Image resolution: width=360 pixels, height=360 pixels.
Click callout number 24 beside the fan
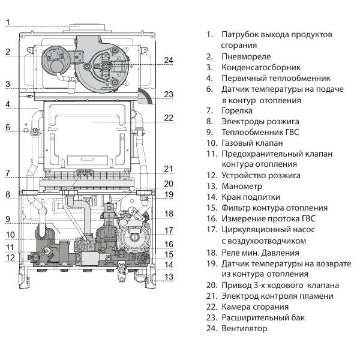pyautogui.click(x=169, y=60)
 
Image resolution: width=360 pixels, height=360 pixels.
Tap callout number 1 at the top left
pyautogui.click(x=8, y=23)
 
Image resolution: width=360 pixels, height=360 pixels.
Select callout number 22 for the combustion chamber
pyautogui.click(x=169, y=118)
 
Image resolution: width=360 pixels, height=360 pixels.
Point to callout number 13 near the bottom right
pyautogui.click(x=169, y=277)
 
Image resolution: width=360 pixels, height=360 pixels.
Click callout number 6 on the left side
pyautogui.click(x=8, y=127)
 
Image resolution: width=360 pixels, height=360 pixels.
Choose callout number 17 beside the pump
pyautogui.click(x=169, y=230)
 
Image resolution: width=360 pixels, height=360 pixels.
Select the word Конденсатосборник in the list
pyautogui.click(x=261, y=67)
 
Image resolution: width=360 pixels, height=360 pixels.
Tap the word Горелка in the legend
pyautogui.click(x=237, y=110)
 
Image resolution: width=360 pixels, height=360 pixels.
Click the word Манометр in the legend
pyautogui.click(x=242, y=186)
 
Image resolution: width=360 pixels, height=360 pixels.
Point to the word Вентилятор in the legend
pyautogui.click(x=244, y=328)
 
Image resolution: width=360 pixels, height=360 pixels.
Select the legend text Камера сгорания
pyautogui.click(x=257, y=307)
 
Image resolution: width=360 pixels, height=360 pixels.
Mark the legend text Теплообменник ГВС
pyautogui.click(x=260, y=132)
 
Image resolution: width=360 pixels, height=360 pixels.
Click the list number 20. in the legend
pyautogui.click(x=211, y=285)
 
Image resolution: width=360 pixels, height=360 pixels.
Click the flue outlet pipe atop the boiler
pyautogui.click(x=88, y=26)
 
